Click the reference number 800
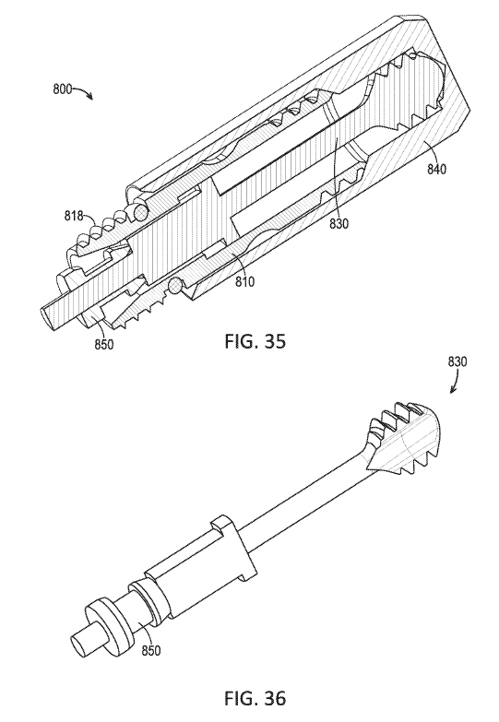coord(62,89)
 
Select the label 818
coord(74,215)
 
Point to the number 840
coord(436,169)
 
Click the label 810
coord(244,282)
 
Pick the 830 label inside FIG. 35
coord(339,224)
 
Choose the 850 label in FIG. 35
coord(104,344)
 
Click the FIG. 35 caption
coord(255,341)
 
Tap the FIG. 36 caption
coord(255,699)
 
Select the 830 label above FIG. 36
coord(457,361)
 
